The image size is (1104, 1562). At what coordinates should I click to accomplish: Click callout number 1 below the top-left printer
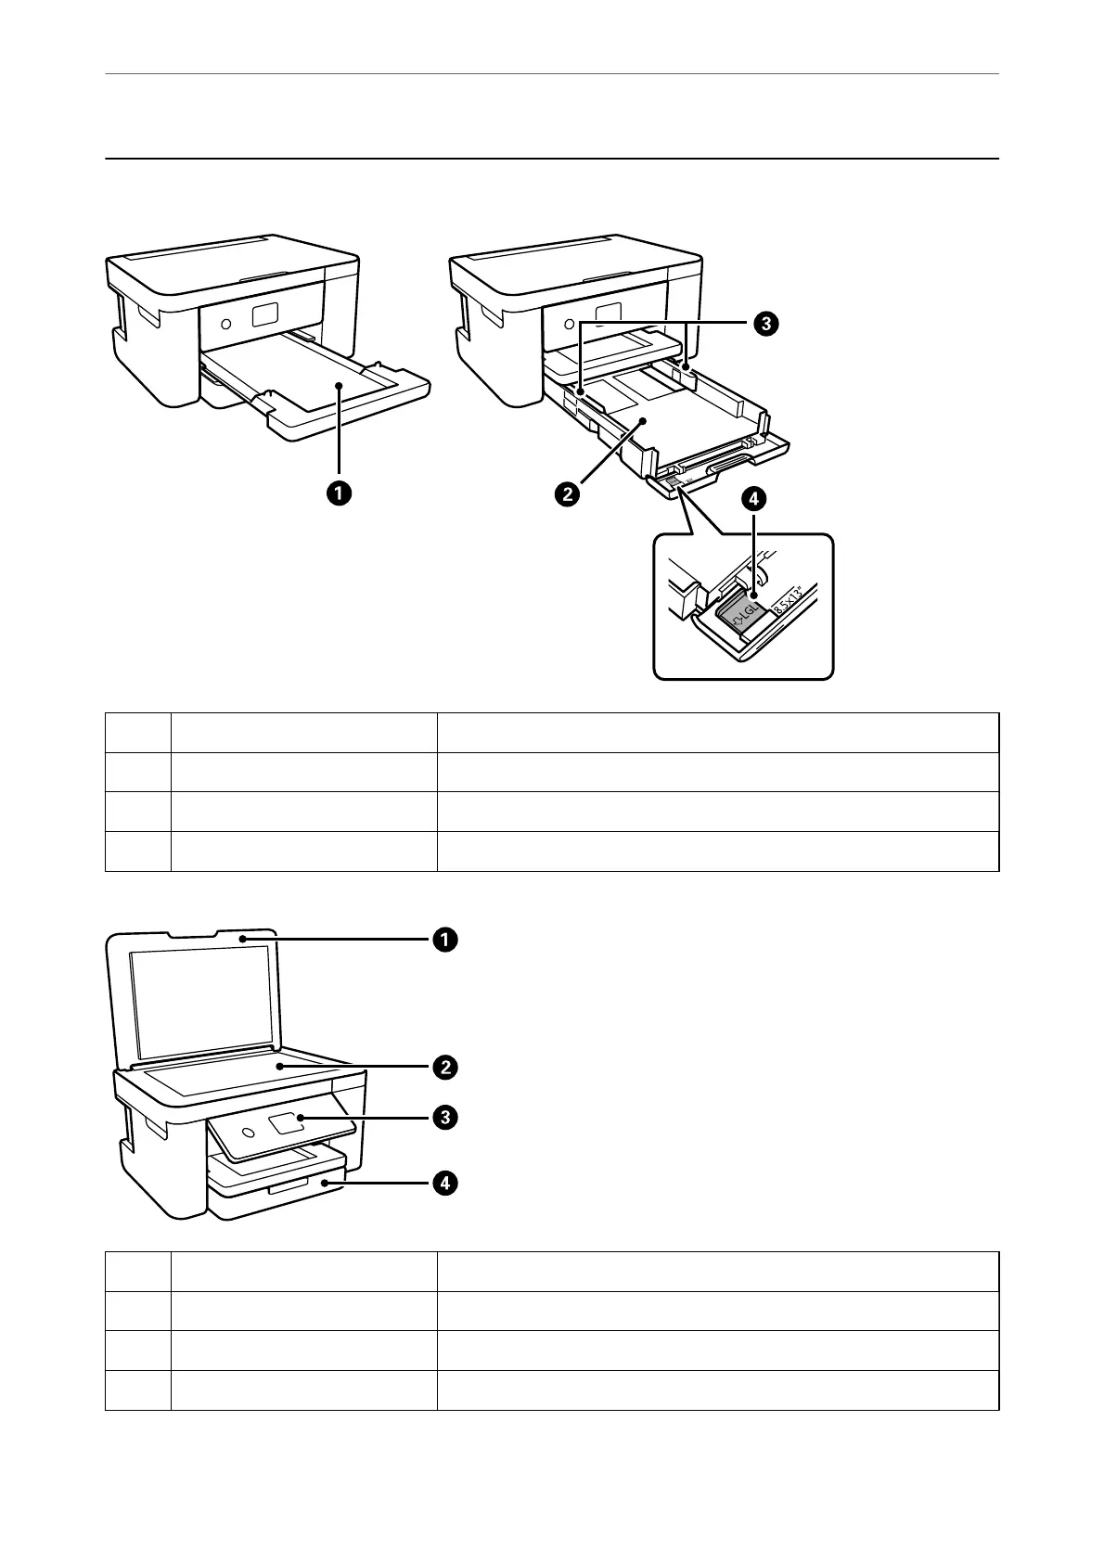click(x=339, y=493)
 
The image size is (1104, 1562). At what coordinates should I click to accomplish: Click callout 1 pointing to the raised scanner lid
click(x=445, y=940)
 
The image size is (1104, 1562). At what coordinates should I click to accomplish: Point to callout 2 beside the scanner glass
click(x=445, y=1068)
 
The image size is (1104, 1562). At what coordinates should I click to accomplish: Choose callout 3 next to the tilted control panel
click(x=445, y=1118)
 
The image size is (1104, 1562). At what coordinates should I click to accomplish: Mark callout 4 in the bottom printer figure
click(x=445, y=1184)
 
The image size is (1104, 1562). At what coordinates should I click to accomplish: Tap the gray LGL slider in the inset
click(x=743, y=612)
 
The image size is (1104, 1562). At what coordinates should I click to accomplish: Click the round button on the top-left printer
click(x=226, y=326)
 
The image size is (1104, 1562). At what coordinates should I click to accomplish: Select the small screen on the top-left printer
click(x=264, y=315)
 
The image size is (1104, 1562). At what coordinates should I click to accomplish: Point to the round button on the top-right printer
click(x=569, y=326)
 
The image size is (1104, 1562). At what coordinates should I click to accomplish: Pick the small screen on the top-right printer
click(x=608, y=315)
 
